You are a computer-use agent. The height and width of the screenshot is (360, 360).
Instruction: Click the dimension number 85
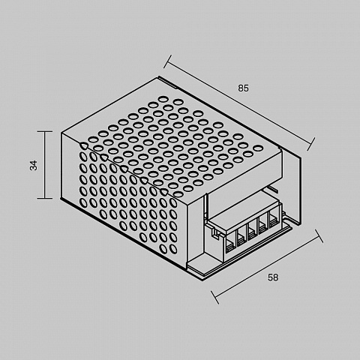(243, 88)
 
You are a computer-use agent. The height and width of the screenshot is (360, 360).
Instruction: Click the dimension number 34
(34, 165)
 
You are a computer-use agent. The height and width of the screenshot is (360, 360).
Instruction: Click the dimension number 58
(273, 277)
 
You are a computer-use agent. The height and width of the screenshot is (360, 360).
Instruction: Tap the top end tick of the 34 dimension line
(45, 131)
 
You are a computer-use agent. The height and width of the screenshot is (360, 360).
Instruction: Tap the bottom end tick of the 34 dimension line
(45, 198)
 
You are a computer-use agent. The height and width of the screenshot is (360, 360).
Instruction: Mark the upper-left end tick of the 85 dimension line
(167, 61)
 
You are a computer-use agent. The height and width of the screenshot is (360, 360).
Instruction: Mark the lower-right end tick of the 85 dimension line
(310, 144)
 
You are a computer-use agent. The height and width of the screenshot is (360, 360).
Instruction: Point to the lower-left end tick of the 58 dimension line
(214, 297)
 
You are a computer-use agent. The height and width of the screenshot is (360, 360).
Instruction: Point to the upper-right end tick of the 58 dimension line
(319, 236)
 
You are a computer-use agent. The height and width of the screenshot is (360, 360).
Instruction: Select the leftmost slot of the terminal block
(229, 246)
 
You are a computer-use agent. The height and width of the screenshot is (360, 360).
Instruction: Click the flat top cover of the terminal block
(244, 211)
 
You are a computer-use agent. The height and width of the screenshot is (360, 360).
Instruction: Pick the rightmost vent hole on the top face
(258, 148)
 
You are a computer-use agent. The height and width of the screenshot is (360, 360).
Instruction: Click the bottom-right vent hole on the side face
(173, 249)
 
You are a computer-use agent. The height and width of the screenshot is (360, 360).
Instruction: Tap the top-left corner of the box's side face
(61, 133)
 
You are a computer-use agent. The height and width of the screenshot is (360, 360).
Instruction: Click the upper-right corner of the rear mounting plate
(301, 157)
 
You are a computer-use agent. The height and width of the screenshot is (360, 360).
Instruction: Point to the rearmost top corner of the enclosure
(158, 77)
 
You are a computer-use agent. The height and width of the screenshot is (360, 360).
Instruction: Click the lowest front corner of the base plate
(203, 280)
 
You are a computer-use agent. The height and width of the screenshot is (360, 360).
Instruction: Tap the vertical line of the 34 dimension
(45, 165)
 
